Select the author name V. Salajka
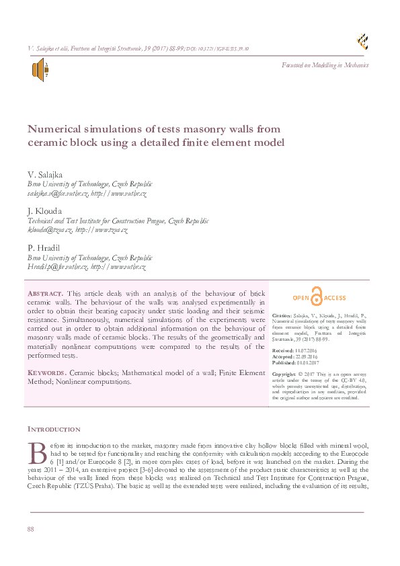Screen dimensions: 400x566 click(44, 175)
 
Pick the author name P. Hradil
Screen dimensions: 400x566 click(42, 248)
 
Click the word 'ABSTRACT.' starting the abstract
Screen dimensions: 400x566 click(45, 294)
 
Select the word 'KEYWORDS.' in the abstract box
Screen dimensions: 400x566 click(46, 372)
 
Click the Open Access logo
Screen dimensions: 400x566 click(319, 298)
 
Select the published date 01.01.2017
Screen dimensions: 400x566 click(311, 363)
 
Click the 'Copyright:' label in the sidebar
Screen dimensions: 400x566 click(284, 373)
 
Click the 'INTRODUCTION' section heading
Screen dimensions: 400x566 click(53, 429)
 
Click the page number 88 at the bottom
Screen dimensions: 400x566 click(30, 530)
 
